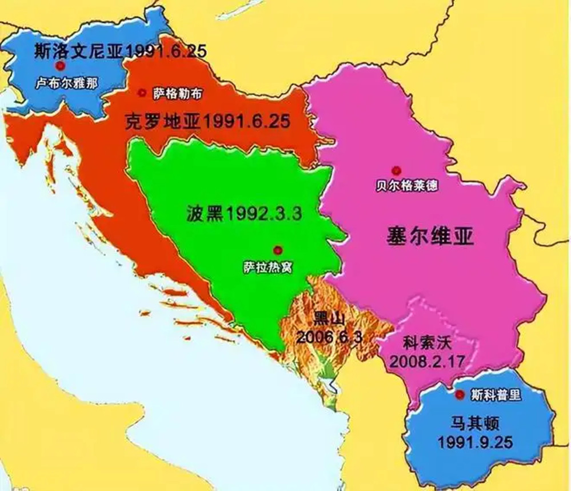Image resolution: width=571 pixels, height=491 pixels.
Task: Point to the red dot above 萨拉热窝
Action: [278, 249]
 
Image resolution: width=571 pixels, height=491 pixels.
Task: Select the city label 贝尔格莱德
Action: [407, 186]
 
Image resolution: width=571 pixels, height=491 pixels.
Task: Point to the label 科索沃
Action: [423, 345]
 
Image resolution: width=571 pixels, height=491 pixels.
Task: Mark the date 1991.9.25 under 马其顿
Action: [474, 442]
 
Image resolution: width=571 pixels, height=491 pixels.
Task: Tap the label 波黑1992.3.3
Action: [243, 214]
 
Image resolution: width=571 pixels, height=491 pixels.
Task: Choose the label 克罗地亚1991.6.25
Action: [207, 121]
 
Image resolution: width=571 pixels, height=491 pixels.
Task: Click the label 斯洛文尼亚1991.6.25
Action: [120, 50]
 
